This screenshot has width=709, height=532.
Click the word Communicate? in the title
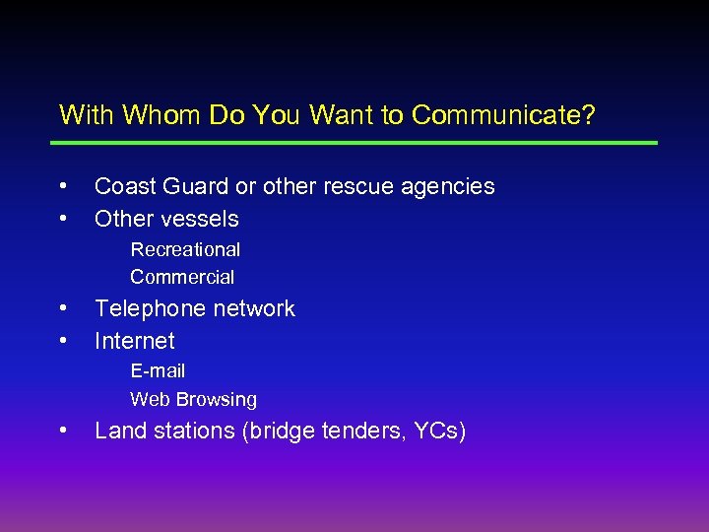point(503,115)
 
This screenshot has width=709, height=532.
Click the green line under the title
point(354,143)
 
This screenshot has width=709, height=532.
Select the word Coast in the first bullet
point(121,186)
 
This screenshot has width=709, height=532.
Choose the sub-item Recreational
point(185,249)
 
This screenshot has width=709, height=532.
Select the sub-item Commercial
point(182,277)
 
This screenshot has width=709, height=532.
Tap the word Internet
point(134,341)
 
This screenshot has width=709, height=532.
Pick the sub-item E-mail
point(158,370)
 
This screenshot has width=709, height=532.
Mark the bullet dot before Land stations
point(63,429)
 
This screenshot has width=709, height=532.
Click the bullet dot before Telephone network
point(63,306)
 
